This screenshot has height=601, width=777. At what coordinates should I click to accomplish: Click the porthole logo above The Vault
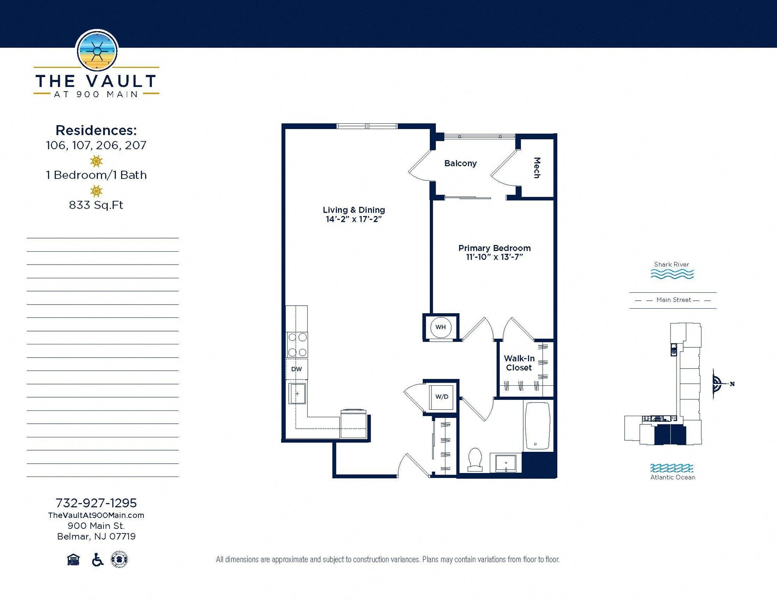click(97, 51)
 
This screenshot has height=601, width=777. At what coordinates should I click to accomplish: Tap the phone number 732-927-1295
click(96, 503)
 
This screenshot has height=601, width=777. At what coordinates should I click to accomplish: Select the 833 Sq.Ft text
click(96, 205)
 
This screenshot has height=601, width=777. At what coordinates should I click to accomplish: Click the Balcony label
click(460, 163)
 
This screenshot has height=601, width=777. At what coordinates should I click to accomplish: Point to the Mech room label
click(537, 167)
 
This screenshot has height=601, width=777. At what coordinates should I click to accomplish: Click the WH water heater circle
click(440, 327)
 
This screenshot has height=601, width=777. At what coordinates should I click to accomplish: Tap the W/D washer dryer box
click(441, 397)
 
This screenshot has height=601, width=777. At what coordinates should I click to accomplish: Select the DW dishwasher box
click(296, 369)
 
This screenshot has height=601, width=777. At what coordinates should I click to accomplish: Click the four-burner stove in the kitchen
click(297, 345)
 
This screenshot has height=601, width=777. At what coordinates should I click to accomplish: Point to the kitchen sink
click(297, 393)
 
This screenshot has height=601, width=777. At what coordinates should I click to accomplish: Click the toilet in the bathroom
click(475, 459)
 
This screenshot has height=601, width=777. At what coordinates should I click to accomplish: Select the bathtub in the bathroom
click(537, 425)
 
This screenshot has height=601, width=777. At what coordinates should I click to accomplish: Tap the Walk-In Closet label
click(519, 363)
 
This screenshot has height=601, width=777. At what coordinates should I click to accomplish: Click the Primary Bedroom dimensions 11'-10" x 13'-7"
click(494, 257)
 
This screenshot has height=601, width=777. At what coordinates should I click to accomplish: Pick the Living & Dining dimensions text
click(354, 219)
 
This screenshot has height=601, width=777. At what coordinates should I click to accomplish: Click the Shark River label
click(671, 264)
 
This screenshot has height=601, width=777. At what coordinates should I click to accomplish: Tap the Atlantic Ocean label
click(673, 477)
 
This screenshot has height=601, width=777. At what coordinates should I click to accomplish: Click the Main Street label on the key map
click(673, 300)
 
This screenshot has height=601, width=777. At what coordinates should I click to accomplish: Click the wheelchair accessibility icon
click(98, 560)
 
